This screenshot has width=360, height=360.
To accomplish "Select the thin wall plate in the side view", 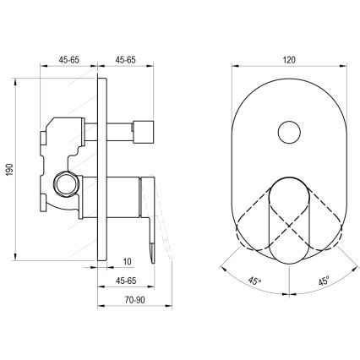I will click(103, 169).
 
